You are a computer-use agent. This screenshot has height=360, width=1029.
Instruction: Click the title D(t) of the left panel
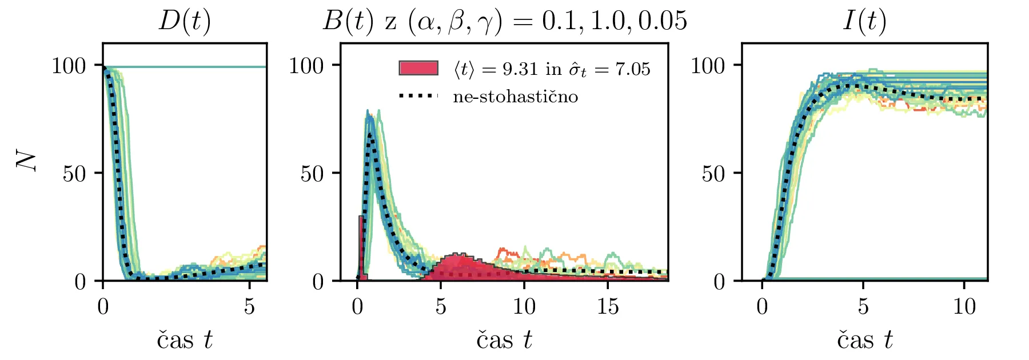pos(184,21)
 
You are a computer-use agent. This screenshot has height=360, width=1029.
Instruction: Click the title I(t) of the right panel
pos(864,21)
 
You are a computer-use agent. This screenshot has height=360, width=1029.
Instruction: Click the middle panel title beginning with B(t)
pos(504,21)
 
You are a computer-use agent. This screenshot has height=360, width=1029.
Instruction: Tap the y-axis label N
pos(26,162)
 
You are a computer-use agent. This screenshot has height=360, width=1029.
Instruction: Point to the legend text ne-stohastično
pos(515,97)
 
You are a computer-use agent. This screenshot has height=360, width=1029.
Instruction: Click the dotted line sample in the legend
pos(418,96)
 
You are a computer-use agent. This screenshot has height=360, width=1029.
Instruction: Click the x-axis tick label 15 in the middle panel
pos(608,307)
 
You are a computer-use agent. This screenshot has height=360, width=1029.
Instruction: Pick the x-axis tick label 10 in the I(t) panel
pos(964,307)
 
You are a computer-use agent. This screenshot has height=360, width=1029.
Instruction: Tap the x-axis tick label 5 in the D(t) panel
pos(249,307)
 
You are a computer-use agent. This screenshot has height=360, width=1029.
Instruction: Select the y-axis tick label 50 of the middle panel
pos(312,174)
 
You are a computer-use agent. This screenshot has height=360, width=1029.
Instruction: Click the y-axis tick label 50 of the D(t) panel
pos(74,174)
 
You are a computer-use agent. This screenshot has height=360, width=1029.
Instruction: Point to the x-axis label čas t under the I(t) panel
pos(864,340)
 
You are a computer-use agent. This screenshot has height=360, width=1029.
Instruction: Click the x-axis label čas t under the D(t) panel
pos(184,340)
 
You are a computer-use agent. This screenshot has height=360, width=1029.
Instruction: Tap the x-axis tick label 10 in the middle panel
pos(524,307)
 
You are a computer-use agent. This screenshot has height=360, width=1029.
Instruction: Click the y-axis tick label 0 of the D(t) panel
pos(81,281)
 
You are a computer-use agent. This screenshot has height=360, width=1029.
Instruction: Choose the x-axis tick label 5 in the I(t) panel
pos(863,307)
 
